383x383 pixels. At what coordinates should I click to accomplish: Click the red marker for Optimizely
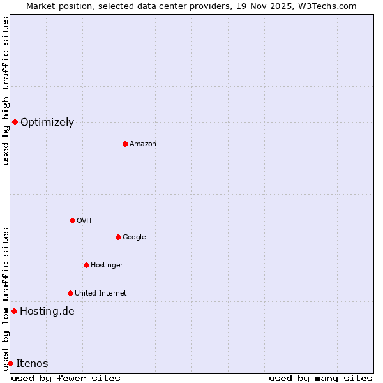tap(15, 122)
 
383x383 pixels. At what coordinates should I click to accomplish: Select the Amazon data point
tap(125, 144)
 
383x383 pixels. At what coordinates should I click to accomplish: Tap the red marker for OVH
tap(72, 220)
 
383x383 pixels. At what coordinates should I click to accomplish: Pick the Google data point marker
tap(118, 237)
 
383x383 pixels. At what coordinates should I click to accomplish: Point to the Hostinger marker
tap(86, 265)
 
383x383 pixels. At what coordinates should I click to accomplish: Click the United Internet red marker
tap(70, 293)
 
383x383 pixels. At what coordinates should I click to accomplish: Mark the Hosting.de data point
tap(14, 311)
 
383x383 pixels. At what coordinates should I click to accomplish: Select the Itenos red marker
tap(10, 363)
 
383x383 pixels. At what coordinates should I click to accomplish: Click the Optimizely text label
tap(47, 123)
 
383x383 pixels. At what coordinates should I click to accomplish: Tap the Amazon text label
tap(143, 144)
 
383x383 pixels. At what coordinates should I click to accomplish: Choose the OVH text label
tap(84, 220)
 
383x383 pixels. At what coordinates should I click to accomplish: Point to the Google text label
tap(134, 237)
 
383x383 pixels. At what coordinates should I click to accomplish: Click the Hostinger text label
tap(107, 265)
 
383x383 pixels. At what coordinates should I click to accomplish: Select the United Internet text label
tap(100, 293)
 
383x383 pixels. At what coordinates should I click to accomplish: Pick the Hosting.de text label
tap(47, 312)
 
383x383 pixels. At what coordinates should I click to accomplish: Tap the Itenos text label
tap(32, 364)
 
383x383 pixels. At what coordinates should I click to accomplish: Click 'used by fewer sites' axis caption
tap(66, 378)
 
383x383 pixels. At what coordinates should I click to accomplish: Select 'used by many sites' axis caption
tap(320, 378)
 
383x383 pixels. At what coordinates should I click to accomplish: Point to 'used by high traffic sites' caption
tap(6, 91)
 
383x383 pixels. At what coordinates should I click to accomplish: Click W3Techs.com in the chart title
tap(329, 6)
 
